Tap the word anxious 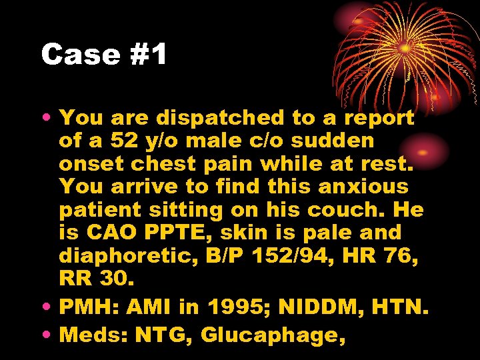point(366,187)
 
